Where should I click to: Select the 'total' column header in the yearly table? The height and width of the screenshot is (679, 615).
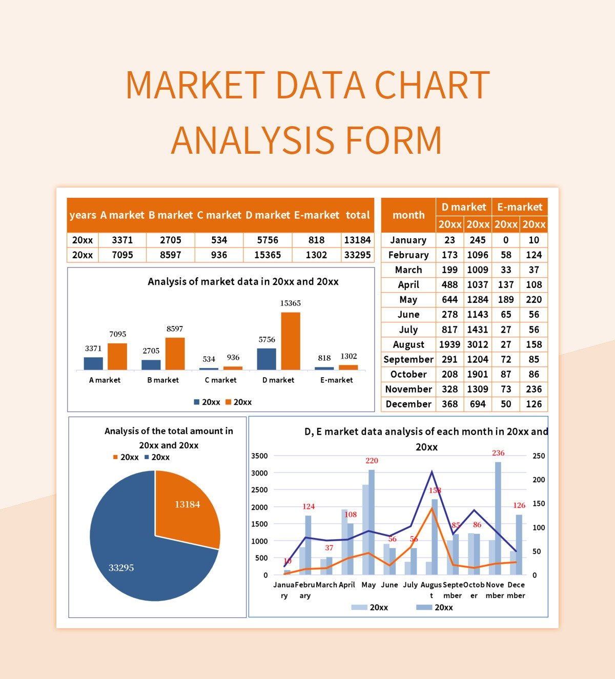pos(357,215)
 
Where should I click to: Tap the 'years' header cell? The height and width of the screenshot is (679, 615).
pos(83,215)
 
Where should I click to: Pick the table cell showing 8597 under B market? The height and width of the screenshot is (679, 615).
pos(170,255)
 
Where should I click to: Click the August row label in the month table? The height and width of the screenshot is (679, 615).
pos(408,344)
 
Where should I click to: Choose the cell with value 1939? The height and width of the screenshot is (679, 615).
pos(449,344)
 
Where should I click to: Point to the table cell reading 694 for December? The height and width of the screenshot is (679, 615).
pos(478,404)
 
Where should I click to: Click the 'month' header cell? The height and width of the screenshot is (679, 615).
pos(408,215)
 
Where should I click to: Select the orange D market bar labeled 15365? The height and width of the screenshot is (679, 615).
pos(291,341)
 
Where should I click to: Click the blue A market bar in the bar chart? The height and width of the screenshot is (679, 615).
pos(93,363)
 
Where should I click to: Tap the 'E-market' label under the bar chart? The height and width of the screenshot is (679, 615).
pos(336,380)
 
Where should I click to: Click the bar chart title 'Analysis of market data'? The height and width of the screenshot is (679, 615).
pos(243,281)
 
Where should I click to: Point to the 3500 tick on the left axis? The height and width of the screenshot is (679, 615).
pos(259,456)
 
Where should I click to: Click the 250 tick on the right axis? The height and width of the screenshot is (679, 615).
pos(539,456)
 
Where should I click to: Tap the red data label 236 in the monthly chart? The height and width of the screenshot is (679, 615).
pos(498,453)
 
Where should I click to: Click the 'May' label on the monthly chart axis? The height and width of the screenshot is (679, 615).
pos(368,585)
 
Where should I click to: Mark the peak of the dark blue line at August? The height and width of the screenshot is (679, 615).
pos(432,471)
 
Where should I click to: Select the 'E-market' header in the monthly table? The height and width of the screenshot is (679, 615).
pos(520,207)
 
